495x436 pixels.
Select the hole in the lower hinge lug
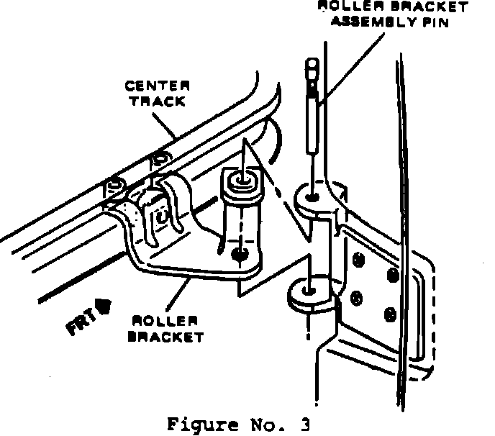coord(309,290)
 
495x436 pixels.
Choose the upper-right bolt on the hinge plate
coord(392,274)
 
